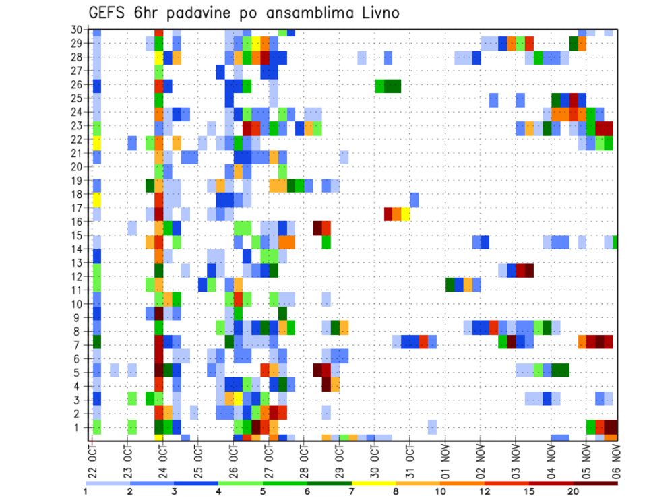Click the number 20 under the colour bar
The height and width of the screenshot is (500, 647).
(574, 491)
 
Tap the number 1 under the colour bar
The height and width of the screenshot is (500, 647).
(86, 491)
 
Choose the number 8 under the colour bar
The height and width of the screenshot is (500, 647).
(396, 491)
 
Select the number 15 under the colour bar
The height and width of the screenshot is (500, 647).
(530, 491)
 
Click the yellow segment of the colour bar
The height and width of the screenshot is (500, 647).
(374, 483)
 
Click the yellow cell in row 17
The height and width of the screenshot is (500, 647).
(405, 214)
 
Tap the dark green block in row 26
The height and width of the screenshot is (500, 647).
(392, 86)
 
